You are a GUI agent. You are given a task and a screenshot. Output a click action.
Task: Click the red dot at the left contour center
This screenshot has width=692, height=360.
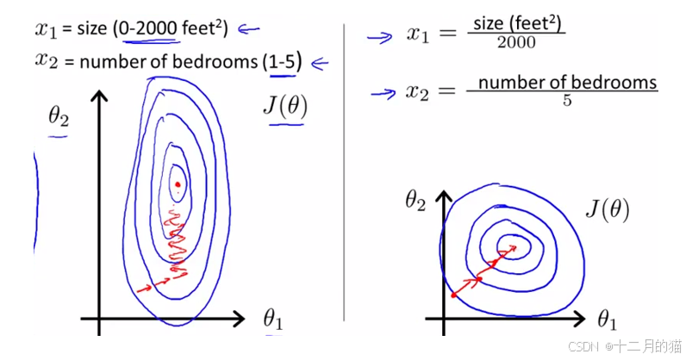[x=178, y=183]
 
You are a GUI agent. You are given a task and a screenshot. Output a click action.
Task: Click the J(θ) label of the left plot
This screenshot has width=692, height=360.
[x=285, y=108]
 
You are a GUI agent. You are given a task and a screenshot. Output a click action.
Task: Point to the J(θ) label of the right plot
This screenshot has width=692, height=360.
[x=606, y=209]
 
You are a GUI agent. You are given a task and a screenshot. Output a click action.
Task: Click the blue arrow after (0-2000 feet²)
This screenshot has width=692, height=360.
[x=248, y=29]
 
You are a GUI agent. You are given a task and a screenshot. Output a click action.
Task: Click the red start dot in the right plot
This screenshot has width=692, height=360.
[x=453, y=295]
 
